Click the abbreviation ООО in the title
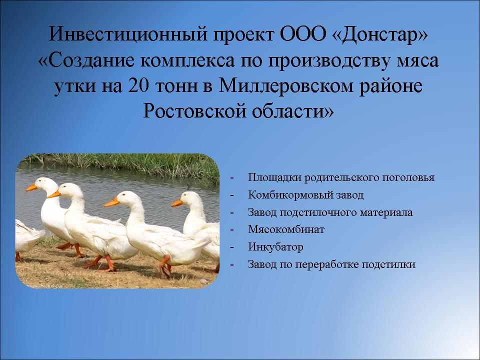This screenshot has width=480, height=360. click(x=303, y=34)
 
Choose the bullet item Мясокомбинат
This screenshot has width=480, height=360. click(x=286, y=229)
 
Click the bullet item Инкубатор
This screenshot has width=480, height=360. click(x=275, y=246)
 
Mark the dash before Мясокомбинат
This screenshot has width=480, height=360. click(x=232, y=229)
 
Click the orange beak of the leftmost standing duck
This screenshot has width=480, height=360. click(x=31, y=187)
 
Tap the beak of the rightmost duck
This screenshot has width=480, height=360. click(x=176, y=203)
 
